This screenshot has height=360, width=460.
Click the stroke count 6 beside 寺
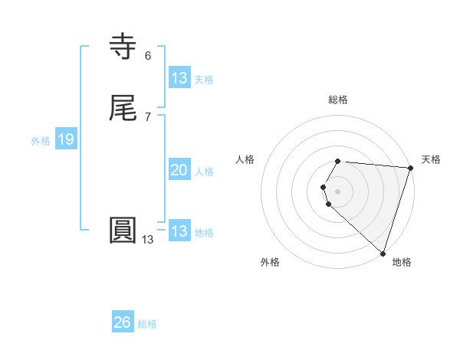(x=147, y=55)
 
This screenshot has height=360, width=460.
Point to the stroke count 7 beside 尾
(x=147, y=117)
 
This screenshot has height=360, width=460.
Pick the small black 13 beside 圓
(x=147, y=240)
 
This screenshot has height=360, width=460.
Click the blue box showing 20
(x=179, y=171)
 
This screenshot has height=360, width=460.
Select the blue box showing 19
(x=65, y=139)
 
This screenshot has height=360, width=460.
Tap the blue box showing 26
(x=122, y=322)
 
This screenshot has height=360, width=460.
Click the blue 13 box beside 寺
(x=179, y=77)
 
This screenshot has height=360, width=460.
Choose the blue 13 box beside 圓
(x=179, y=231)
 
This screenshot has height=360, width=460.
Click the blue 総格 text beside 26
(x=147, y=324)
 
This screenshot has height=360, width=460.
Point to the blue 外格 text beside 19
(x=41, y=141)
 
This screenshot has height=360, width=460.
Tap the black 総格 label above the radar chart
(x=338, y=100)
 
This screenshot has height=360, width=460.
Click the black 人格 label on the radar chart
(x=245, y=159)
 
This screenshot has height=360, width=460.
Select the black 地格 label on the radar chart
(x=402, y=262)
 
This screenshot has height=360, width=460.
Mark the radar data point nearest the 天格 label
(x=411, y=168)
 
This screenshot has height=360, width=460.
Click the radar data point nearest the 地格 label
(x=383, y=253)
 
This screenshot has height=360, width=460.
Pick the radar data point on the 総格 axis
(x=338, y=161)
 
